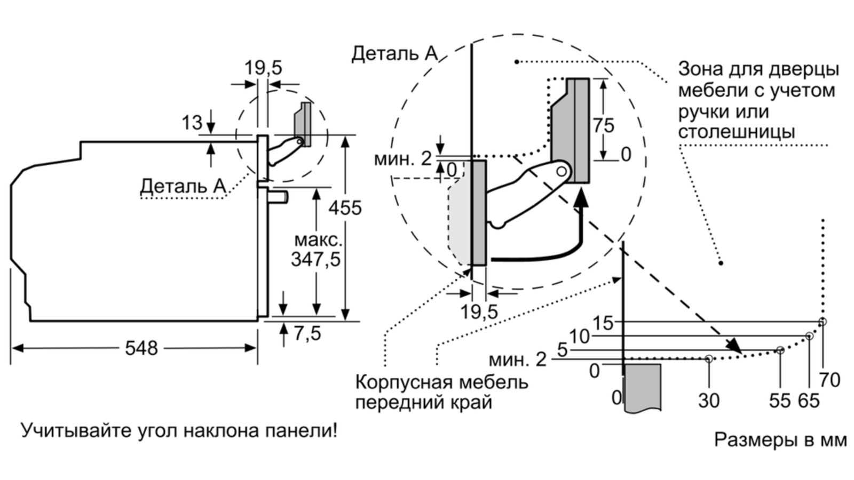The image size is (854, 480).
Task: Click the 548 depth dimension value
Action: coord(141,348)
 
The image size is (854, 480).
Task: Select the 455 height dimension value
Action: coord(345,207)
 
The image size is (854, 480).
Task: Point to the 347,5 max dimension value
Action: coord(315,259)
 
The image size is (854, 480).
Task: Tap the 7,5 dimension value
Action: coord(307,333)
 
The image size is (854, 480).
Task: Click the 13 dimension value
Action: coord(192,123)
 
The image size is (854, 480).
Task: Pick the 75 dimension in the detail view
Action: coord(603,126)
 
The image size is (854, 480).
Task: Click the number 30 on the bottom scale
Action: coord(709,400)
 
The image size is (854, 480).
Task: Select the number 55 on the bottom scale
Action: coord(779,400)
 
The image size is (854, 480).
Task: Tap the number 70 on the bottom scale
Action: coord(830,380)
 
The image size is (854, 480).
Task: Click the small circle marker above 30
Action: coord(709,359)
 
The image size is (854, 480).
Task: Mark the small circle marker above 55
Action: coord(780,350)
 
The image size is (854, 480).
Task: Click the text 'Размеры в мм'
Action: coord(780,440)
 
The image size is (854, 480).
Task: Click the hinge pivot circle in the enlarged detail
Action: coord(562,171)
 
